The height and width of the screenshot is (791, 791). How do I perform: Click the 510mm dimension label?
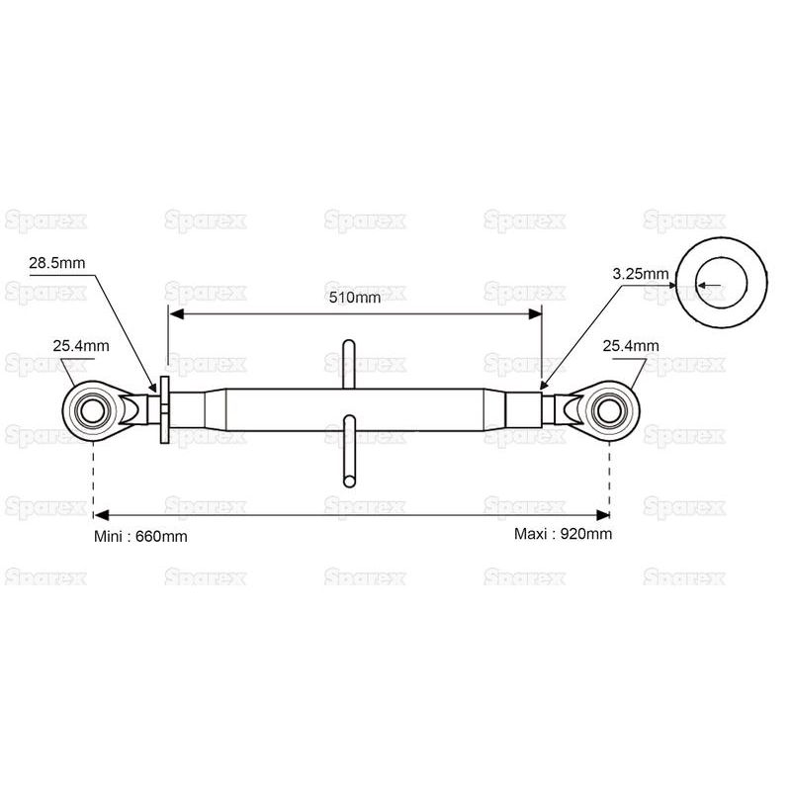pos(355,298)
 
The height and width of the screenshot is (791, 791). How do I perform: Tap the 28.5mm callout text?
pos(57,263)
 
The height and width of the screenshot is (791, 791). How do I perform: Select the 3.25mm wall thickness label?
pos(640,274)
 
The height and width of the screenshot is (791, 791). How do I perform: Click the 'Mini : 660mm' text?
pos(140,536)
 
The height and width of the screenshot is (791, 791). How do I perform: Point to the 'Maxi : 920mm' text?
pos(563,533)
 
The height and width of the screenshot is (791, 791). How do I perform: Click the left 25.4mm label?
pos(81,345)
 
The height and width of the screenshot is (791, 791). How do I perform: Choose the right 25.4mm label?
pos(631,345)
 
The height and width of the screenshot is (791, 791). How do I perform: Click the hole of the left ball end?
pos(93,410)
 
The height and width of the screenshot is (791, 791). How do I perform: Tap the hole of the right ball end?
pos(610,410)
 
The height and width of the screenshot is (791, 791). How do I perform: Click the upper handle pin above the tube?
pos(349,364)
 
